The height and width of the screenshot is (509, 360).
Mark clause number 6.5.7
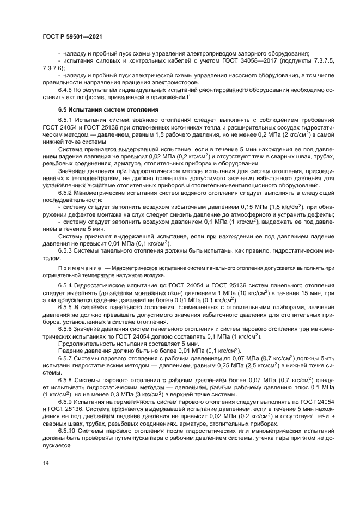67,358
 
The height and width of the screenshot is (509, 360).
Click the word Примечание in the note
77,268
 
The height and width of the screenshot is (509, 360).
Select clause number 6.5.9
67,401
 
